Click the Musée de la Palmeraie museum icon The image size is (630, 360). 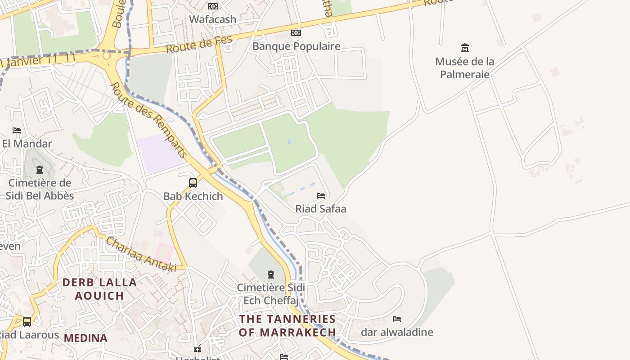pos(465,48)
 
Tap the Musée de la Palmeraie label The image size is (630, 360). pos(465,67)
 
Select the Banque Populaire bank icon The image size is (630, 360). pos(296,33)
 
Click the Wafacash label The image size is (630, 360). pos(212,19)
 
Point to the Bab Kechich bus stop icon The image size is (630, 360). pos(193,183)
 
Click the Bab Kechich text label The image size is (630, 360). pos(193,196)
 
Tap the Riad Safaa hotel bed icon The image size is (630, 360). pos(321,195)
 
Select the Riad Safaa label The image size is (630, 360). pos(321,209)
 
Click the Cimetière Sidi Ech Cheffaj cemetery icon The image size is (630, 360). pos(271,274)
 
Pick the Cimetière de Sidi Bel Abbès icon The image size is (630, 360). pos(40,170)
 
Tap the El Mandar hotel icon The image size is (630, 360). pos(17,130)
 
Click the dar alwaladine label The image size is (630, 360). pos(397,333)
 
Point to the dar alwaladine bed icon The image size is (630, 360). pos(396,319)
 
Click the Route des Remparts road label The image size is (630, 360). pos(149,120)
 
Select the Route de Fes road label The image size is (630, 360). pos(199,44)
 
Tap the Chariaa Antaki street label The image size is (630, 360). pos(141,255)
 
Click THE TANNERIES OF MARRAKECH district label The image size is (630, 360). pos(288,326)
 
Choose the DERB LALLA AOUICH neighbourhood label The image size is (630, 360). pos(99,289)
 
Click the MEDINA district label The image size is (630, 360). pos(85,338)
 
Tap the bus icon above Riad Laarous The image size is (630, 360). pos(27,321)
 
